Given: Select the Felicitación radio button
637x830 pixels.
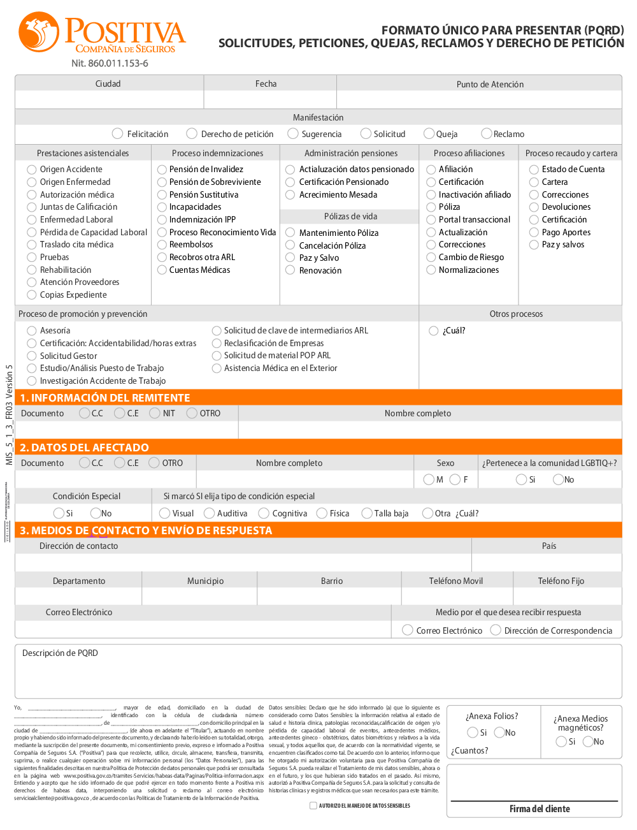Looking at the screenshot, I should click(117, 134).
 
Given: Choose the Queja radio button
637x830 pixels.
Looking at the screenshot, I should click(429, 134).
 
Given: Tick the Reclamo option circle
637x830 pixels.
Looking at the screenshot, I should click(487, 134).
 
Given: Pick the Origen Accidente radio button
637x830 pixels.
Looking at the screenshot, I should click(32, 170).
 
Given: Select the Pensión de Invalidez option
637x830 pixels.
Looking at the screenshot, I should click(162, 170).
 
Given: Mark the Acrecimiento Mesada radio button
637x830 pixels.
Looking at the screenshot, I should click(290, 195).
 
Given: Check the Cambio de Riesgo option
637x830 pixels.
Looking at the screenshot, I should click(431, 258).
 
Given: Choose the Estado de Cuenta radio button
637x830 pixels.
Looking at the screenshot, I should click(534, 170).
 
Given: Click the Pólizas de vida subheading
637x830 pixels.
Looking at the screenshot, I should click(350, 217).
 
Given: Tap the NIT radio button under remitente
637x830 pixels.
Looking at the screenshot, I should click(155, 413).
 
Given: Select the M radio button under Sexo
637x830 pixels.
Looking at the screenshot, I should click(429, 479).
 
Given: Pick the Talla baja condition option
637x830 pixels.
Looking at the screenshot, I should click(367, 513).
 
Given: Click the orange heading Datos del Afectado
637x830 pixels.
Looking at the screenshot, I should click(84, 448).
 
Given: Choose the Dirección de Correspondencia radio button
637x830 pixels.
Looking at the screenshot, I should click(496, 630).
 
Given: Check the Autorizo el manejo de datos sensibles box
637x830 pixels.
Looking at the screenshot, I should click(313, 806).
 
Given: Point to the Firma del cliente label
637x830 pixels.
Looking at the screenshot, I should click(540, 809).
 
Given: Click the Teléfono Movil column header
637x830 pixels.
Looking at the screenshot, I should click(456, 581).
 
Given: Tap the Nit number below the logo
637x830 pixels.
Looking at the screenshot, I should click(110, 64).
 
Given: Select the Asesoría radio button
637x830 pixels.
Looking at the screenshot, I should click(32, 331).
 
